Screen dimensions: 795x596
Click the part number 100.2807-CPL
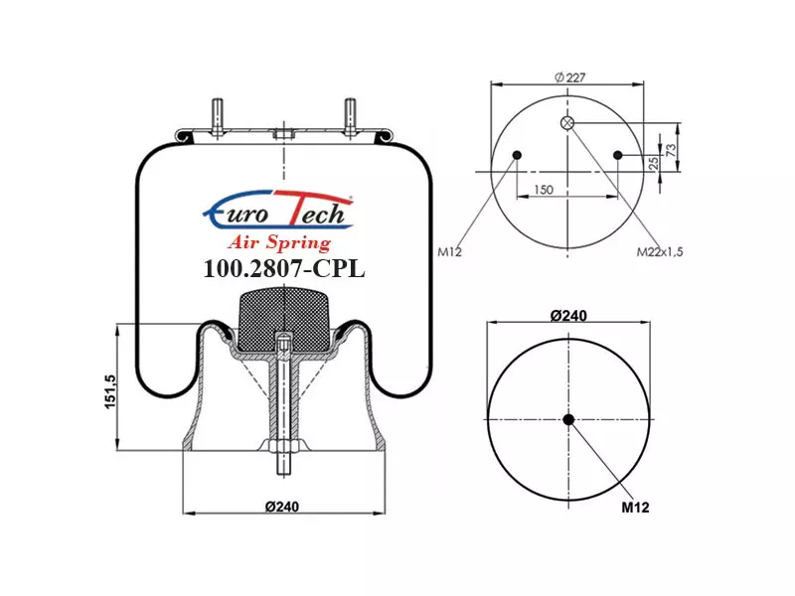pyautogui.click(x=284, y=268)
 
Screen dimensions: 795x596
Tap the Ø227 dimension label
pyautogui.click(x=569, y=77)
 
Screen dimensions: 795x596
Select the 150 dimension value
pyautogui.click(x=543, y=190)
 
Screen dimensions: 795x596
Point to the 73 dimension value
pyautogui.click(x=671, y=150)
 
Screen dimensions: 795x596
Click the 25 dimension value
pyautogui.click(x=654, y=163)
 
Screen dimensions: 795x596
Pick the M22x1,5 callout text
pyautogui.click(x=660, y=251)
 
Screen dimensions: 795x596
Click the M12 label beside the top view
pyautogui.click(x=450, y=251)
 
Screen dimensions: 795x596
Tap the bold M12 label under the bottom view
pyautogui.click(x=635, y=507)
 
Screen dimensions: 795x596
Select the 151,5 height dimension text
pyautogui.click(x=110, y=390)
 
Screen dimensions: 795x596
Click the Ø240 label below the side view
pyautogui.click(x=282, y=507)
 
